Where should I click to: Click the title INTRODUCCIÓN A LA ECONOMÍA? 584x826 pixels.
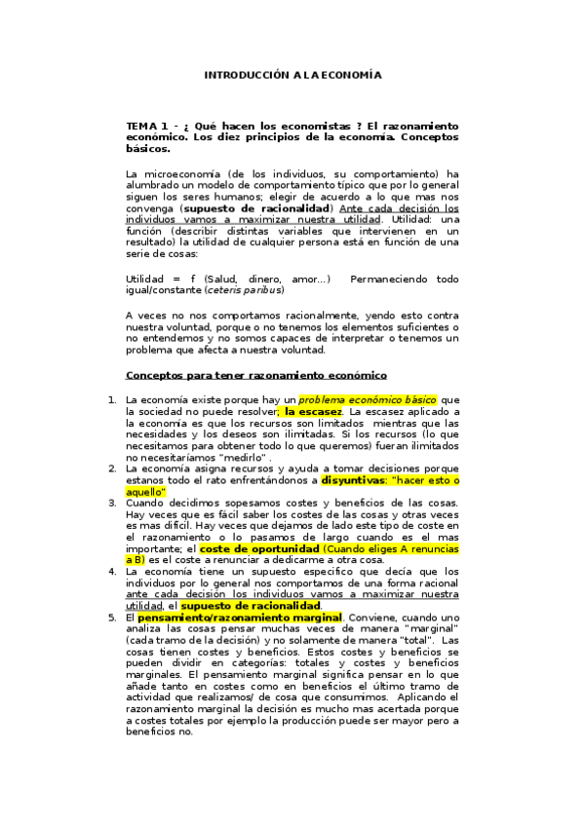coord(292,75)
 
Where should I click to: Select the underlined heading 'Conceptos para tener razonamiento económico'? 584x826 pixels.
coord(256,375)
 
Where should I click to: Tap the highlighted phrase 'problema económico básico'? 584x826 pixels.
coord(368,400)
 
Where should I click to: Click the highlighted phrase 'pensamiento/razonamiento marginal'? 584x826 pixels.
coord(239,618)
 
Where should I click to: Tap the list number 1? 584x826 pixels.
coord(110,400)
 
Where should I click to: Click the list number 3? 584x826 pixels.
coord(110,503)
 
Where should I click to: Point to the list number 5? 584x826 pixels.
coord(110,618)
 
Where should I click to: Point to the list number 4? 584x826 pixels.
coord(110,572)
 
